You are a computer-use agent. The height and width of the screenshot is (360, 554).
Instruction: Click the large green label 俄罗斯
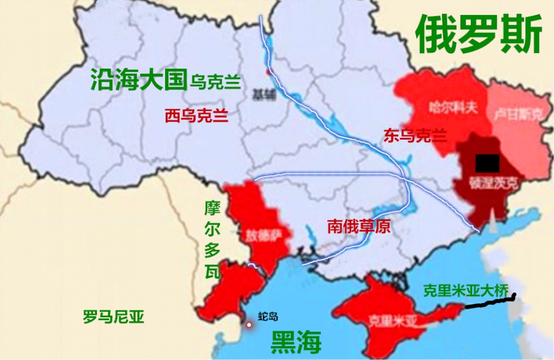[479, 34]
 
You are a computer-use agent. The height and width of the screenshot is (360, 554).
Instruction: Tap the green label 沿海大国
[138, 80]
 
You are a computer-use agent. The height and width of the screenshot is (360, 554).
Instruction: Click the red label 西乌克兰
[196, 116]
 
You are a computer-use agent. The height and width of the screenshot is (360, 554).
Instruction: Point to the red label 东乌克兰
[415, 136]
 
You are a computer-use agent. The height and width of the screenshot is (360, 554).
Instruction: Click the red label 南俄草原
[358, 226]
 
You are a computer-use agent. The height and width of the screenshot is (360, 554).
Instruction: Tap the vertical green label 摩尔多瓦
[212, 240]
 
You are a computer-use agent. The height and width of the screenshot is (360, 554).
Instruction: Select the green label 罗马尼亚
[113, 317]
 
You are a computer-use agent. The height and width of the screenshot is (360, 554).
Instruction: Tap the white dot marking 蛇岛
[249, 325]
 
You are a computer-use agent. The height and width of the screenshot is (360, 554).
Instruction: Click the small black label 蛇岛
[268, 316]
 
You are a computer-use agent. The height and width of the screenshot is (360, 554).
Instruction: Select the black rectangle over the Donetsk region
[487, 163]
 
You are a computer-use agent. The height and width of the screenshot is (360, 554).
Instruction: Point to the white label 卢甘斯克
[518, 114]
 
